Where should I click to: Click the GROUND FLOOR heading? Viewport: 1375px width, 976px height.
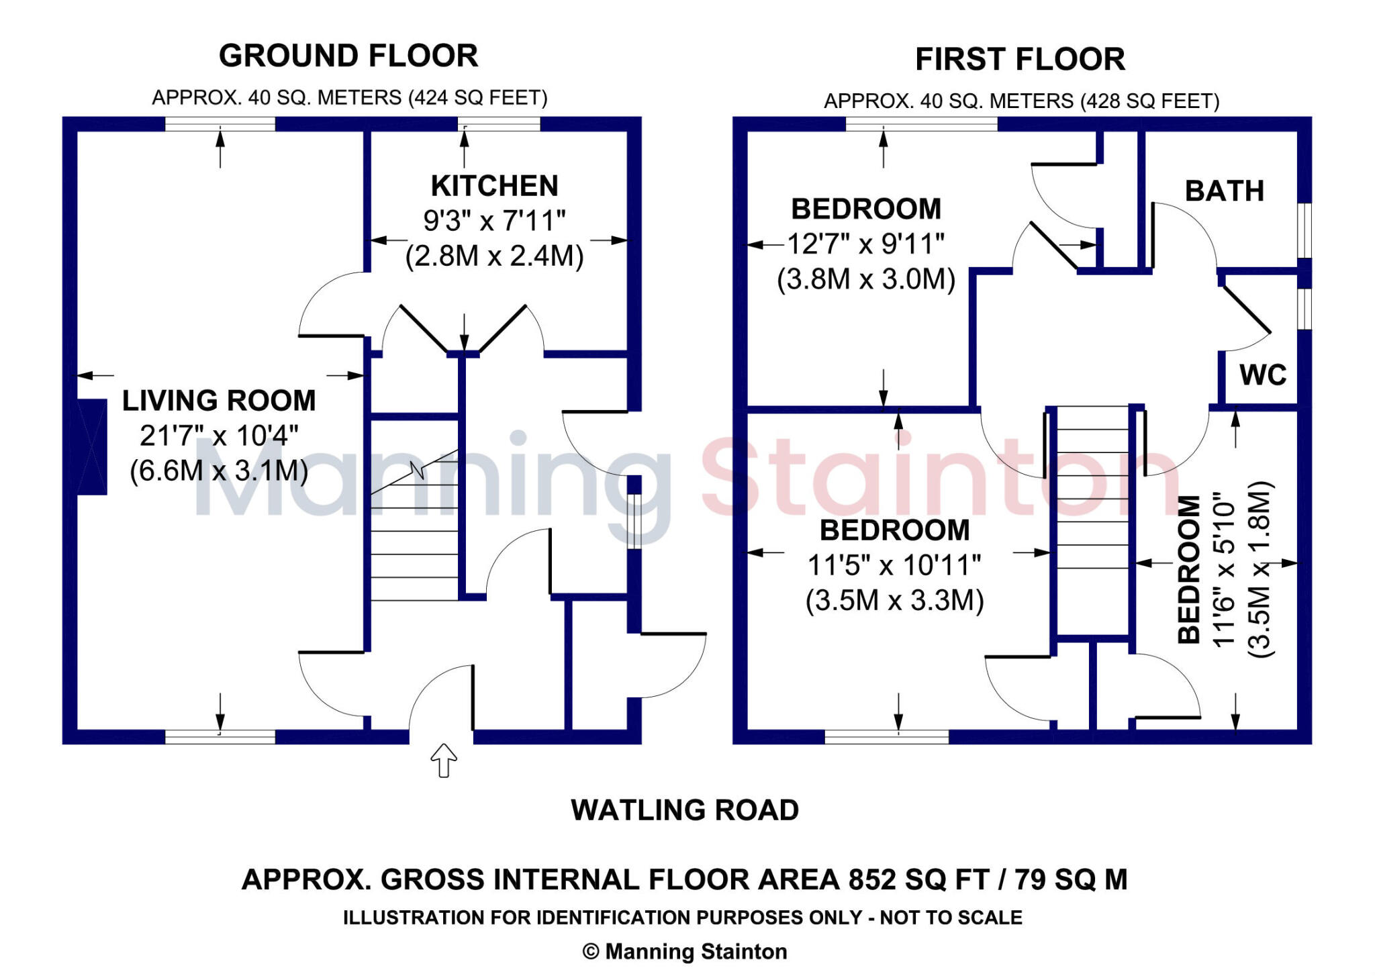(348, 56)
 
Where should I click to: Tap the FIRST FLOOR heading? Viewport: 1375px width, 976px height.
(1019, 59)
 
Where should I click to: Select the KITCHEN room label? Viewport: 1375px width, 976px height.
(494, 186)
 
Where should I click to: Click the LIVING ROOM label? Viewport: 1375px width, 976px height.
(219, 401)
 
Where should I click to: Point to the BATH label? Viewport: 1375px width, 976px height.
(1224, 191)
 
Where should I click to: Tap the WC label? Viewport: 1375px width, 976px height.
(1262, 375)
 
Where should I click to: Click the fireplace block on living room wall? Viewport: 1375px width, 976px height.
(92, 447)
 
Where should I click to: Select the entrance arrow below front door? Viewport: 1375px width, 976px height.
(443, 760)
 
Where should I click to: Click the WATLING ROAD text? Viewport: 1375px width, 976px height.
(684, 810)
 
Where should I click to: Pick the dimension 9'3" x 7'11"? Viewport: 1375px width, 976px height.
(494, 220)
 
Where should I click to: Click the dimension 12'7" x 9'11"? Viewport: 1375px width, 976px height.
(865, 244)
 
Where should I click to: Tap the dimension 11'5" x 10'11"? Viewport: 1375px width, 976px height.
(894, 565)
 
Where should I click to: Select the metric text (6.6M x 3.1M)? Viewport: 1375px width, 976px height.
(219, 471)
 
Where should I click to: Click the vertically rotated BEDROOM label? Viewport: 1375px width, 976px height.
(1189, 569)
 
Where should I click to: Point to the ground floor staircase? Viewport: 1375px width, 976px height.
(414, 530)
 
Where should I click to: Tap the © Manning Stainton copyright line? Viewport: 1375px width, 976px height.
(684, 951)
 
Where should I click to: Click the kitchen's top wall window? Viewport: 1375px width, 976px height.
(498, 124)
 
